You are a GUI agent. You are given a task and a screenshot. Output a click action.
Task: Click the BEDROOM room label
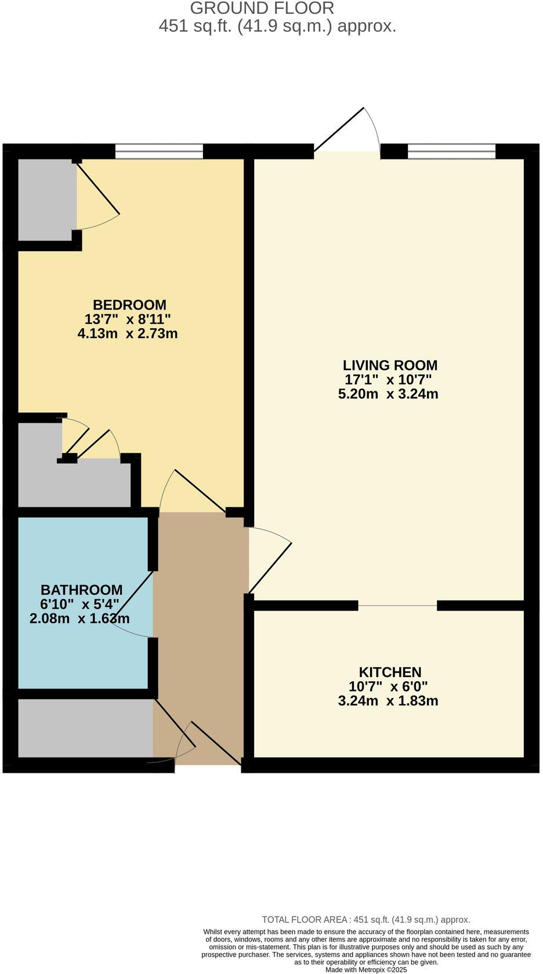pyautogui.click(x=129, y=305)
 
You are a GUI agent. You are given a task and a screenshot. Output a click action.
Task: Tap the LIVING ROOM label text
pyautogui.click(x=390, y=365)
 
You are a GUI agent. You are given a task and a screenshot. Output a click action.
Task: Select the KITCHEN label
pyautogui.click(x=390, y=673)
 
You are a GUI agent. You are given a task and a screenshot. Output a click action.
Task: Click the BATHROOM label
pyautogui.click(x=81, y=590)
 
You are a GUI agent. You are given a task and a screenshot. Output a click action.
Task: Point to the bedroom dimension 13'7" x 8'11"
pyautogui.click(x=128, y=319)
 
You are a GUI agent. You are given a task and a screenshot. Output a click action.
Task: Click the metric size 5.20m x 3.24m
pyautogui.click(x=388, y=394)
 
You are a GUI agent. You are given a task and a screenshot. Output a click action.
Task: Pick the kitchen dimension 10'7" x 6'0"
pyautogui.click(x=388, y=686)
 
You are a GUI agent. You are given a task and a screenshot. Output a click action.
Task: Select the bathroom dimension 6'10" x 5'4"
pyautogui.click(x=79, y=605)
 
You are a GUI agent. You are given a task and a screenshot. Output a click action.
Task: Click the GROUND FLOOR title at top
pyautogui.click(x=262, y=8)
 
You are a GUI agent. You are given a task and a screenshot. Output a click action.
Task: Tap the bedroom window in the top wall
pyautogui.click(x=159, y=151)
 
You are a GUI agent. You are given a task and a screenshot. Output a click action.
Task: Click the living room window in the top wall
pyautogui.click(x=451, y=151)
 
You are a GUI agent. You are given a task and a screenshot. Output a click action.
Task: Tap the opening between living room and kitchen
pyautogui.click(x=397, y=606)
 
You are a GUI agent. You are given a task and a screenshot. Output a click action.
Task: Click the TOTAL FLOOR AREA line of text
pyautogui.click(x=366, y=920)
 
